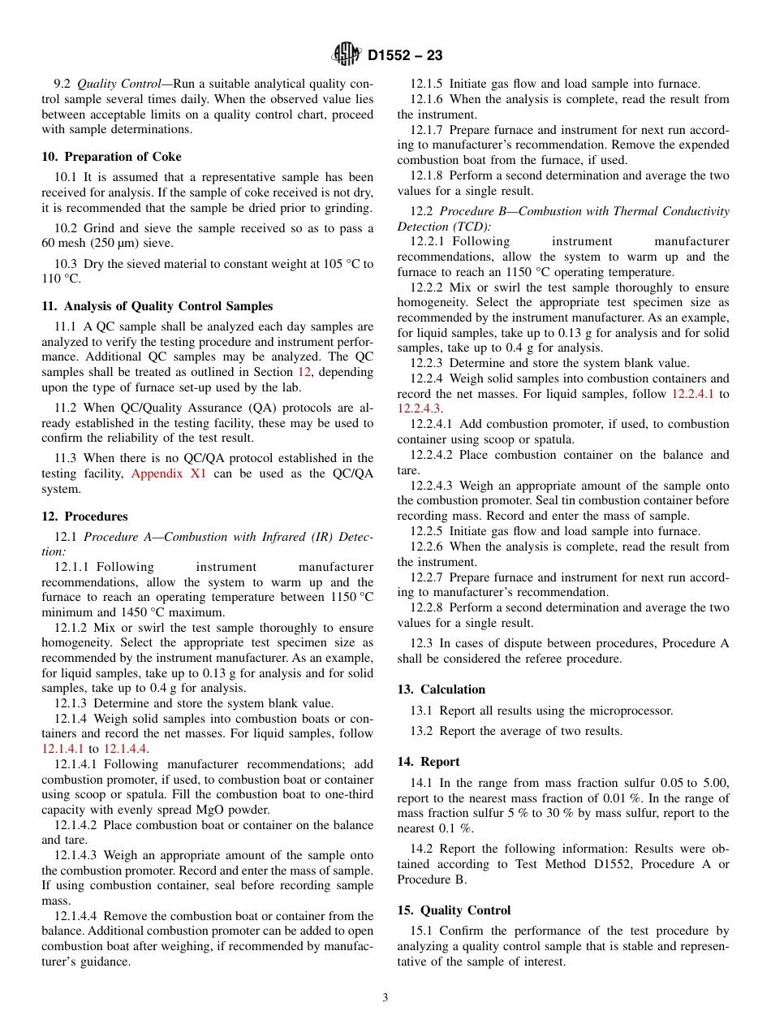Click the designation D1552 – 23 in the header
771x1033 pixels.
pyautogui.click(x=405, y=56)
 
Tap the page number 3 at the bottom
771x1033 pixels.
pyautogui.click(x=385, y=998)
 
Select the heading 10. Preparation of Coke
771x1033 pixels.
pyautogui.click(x=111, y=157)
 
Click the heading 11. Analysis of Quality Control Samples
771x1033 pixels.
pyautogui.click(x=157, y=306)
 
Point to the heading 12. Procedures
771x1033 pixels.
pyautogui.click(x=84, y=516)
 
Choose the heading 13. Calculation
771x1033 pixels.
pyautogui.click(x=441, y=689)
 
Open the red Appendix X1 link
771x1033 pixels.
pyautogui.click(x=169, y=473)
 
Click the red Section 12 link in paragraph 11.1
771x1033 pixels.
pyautogui.click(x=304, y=372)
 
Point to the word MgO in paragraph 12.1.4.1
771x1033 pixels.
pyautogui.click(x=198, y=810)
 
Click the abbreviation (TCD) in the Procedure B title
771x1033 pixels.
pyautogui.click(x=473, y=227)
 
